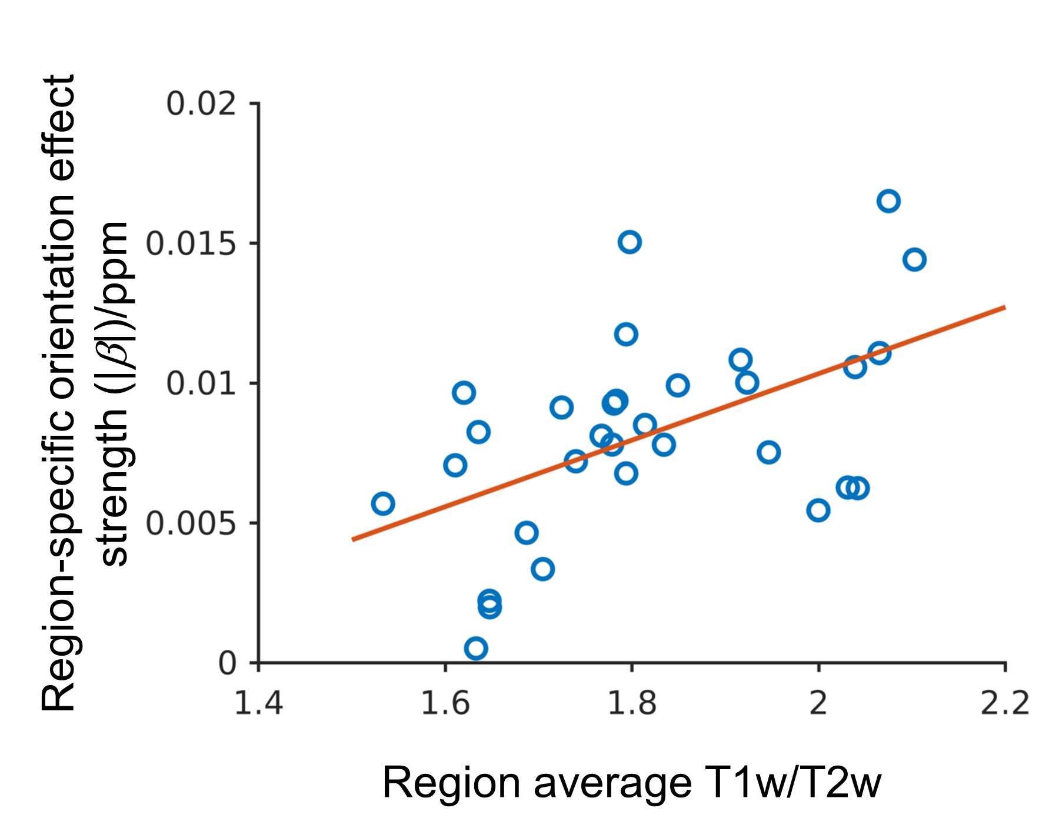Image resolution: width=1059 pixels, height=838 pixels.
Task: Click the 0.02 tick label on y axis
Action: pos(201,104)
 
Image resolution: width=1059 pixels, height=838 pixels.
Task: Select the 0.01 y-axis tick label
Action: pos(201,383)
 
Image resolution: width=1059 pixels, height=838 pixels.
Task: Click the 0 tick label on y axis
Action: pos(227,663)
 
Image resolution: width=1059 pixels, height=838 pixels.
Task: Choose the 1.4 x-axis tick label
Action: pos(259,703)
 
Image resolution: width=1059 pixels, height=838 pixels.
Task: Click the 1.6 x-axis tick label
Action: pos(445,703)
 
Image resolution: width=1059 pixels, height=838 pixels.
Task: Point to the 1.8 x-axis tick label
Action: pos(632,703)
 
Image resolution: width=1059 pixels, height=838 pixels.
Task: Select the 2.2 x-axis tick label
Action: pos(1005,703)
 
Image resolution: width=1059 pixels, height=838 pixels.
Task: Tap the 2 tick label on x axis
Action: pos(818,703)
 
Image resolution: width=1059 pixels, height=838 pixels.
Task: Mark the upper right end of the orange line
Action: pos(1005,307)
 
